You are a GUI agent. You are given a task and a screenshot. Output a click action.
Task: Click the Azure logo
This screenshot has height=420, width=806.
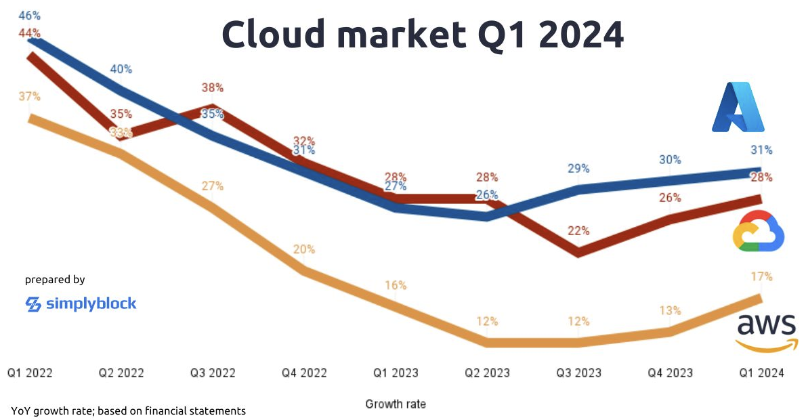[x=738, y=107]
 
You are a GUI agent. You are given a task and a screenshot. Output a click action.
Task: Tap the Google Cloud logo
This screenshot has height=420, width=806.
[x=759, y=231]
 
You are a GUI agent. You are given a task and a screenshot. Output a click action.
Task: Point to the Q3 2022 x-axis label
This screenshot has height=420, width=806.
[x=212, y=373]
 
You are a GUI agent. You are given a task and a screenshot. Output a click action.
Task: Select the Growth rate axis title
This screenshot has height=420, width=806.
[x=396, y=404]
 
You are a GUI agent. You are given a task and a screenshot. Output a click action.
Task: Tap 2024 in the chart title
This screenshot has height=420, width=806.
[x=581, y=34]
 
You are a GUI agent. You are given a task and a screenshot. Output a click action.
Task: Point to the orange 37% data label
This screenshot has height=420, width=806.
[x=30, y=97]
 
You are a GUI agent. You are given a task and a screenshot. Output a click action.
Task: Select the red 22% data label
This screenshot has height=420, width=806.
[x=578, y=230]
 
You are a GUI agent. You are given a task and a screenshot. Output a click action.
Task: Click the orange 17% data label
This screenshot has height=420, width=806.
[x=761, y=276]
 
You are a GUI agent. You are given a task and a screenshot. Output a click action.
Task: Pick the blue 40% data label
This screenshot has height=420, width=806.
[x=121, y=69]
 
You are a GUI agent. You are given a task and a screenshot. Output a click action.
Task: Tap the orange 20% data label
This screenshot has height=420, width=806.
[x=304, y=249]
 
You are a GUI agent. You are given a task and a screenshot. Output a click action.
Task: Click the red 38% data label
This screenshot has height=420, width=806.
[x=213, y=87]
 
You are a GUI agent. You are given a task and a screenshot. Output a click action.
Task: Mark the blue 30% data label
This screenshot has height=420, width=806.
[x=670, y=160]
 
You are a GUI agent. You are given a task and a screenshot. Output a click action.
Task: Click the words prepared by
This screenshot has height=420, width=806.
[x=55, y=279]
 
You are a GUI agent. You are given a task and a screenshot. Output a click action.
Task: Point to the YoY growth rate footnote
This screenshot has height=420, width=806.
[x=128, y=411]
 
